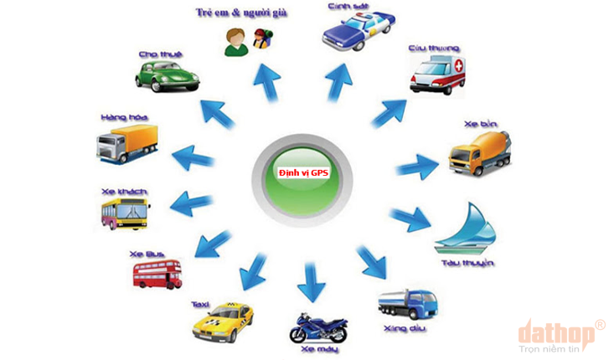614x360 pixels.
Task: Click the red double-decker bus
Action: pos(157,272)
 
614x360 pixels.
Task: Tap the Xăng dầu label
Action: pos(405,330)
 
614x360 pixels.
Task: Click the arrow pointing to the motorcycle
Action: pos(310,280)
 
